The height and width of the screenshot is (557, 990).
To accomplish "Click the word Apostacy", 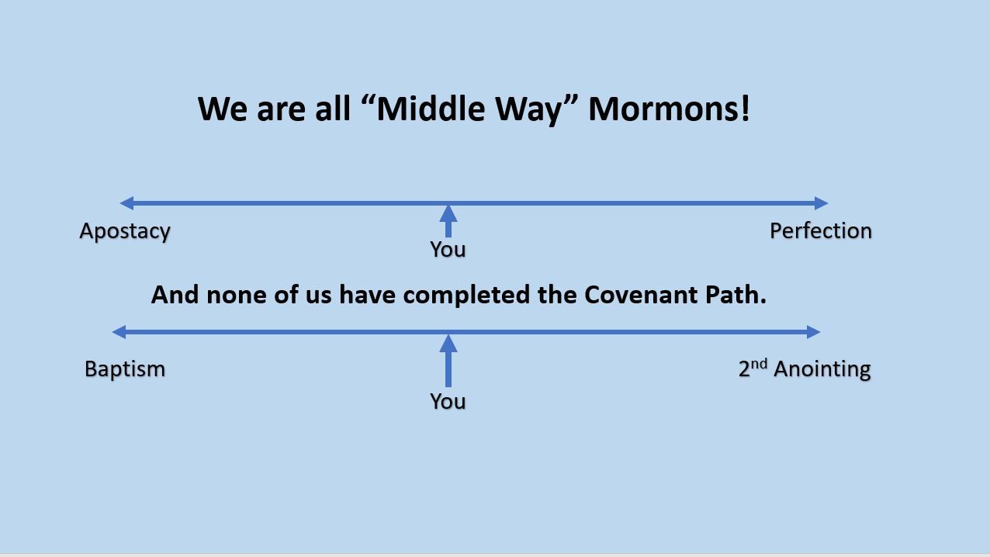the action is pos(125,232).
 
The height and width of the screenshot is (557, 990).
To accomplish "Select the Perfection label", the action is pos(821,230).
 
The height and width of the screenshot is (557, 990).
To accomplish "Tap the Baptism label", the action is pos(125,369).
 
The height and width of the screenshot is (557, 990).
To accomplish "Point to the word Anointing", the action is pos(822,369).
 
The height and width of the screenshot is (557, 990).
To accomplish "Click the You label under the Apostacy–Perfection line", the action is pos(448,249).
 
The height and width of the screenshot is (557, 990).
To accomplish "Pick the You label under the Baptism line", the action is pos(448,401).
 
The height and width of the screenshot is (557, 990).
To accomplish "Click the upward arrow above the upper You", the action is pos(448,221).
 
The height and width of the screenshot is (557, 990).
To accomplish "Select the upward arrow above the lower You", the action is pos(448,361).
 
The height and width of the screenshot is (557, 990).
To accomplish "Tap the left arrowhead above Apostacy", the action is pos(126,203).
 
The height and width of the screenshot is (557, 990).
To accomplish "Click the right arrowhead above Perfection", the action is pos(821,203).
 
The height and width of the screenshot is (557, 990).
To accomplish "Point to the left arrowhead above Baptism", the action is pos(119,332).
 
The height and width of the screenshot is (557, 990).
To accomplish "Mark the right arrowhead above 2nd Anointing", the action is pos(814,332).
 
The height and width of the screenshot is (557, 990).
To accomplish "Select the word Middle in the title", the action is pos(431,109).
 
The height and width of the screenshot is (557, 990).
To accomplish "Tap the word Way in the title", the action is pos(528,110).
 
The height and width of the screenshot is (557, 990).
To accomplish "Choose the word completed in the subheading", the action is pos(466,296).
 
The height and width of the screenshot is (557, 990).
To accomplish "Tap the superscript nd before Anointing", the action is pos(759,364).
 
